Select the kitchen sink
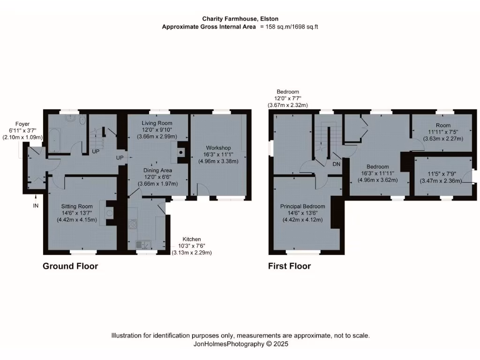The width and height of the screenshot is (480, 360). [x=142, y=244]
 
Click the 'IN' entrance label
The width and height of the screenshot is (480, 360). [x=36, y=205]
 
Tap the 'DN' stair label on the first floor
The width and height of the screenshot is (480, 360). [x=336, y=164]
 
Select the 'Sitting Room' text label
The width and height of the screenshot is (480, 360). [x=77, y=206]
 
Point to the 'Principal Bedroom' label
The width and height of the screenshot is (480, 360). [x=302, y=206]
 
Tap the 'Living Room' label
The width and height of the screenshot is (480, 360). [x=157, y=123]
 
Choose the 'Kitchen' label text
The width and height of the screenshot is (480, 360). [x=192, y=239]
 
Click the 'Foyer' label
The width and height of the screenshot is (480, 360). [x=22, y=124]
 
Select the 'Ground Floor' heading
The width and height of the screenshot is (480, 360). [x=70, y=266]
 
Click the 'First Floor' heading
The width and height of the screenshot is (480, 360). [x=289, y=266]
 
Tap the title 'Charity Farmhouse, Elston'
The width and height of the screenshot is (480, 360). [x=240, y=19]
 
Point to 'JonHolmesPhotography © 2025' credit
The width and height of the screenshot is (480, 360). [x=240, y=344]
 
